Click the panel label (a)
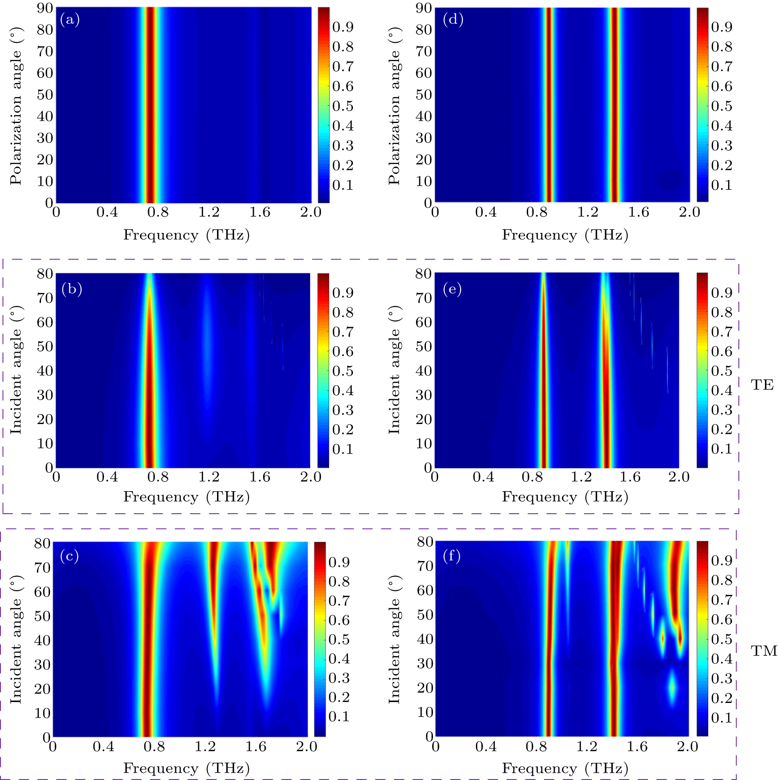70,19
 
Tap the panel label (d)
453,19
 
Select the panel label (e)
452,289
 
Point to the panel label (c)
69,556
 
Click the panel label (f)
452,556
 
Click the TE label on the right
762,385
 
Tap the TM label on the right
764,651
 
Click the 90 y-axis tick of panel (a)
45,8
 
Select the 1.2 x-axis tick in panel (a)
209,212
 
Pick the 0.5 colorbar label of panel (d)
722,106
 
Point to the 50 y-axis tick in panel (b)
45,347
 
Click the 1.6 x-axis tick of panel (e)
630,477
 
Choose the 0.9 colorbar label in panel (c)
339,562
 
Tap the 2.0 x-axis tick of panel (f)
688,747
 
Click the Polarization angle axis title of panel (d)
394,106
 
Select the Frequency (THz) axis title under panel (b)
186,497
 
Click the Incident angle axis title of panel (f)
394,639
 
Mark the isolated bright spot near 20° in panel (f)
672,688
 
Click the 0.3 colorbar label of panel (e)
722,410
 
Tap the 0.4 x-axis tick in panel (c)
104,747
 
